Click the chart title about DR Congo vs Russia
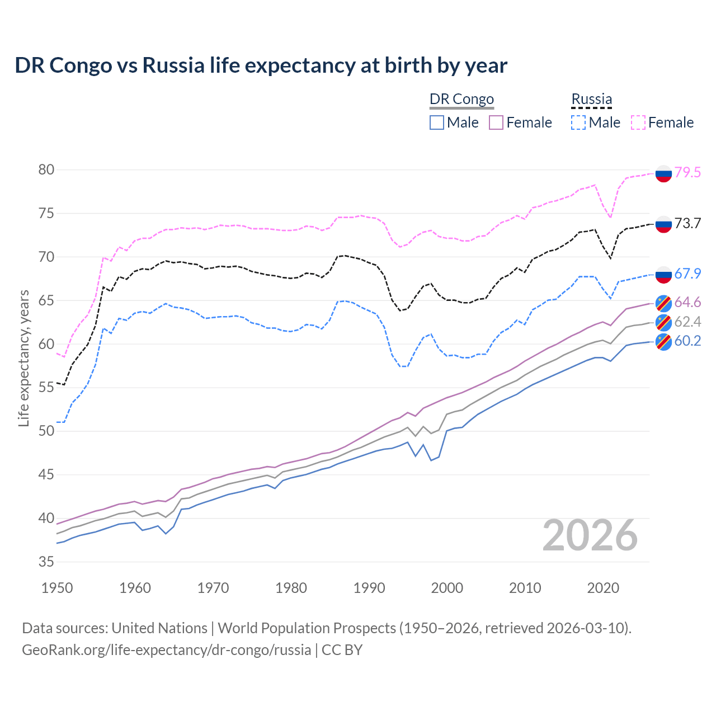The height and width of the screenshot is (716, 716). pos(261,65)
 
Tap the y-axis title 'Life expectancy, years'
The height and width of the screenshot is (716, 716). pos(23,358)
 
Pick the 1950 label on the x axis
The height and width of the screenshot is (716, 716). pos(57,588)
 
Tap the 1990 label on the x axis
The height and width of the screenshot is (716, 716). pos(369,588)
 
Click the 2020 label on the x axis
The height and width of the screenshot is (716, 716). pos(603,588)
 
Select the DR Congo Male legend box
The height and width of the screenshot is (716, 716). pos(437,123)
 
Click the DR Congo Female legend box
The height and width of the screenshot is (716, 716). pos(496,123)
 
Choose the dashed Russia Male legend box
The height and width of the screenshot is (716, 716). pos(578,123)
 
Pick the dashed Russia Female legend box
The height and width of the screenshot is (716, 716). pos(638,123)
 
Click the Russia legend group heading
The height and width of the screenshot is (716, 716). pos(591,99)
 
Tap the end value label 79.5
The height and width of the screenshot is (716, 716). pos(687,172)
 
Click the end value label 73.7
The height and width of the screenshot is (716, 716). pos(687,224)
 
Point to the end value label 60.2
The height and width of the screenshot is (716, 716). pos(687,341)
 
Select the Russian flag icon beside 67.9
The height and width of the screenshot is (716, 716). pos(663,274)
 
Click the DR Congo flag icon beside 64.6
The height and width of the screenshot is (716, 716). pos(663,303)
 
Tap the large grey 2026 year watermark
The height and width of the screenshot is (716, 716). pos(590,536)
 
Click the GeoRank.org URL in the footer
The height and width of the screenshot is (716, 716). pos(166,650)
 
